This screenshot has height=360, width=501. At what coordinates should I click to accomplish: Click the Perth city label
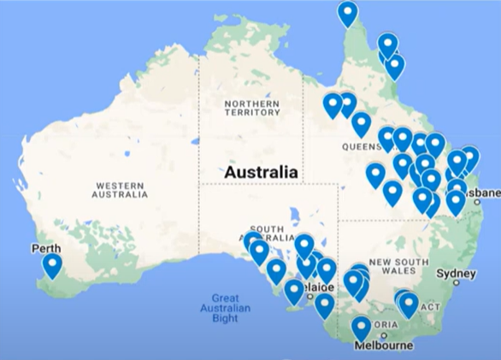tap(45, 249)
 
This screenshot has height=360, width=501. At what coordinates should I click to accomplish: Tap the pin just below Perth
tap(52, 265)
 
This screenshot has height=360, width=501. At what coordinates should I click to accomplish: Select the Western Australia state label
tap(120, 190)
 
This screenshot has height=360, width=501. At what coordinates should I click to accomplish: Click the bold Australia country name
tap(262, 172)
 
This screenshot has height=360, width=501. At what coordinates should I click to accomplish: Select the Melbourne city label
tap(385, 345)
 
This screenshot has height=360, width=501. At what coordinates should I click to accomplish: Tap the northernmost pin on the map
tap(347, 13)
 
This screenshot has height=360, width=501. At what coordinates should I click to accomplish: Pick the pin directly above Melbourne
tap(362, 328)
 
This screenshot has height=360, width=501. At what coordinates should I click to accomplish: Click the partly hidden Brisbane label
tap(484, 195)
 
